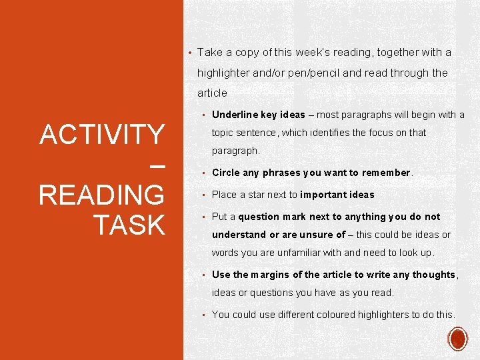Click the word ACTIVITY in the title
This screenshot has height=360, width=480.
coord(102,135)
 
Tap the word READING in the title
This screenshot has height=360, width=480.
coord(102,196)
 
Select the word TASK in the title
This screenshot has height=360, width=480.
coord(129,225)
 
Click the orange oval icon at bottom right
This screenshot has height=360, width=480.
coord(459,339)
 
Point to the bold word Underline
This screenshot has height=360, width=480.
coord(234,115)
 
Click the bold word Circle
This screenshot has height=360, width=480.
coord(226,173)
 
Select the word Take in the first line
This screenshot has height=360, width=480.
coord(209,52)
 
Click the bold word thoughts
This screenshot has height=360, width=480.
coord(433,275)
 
